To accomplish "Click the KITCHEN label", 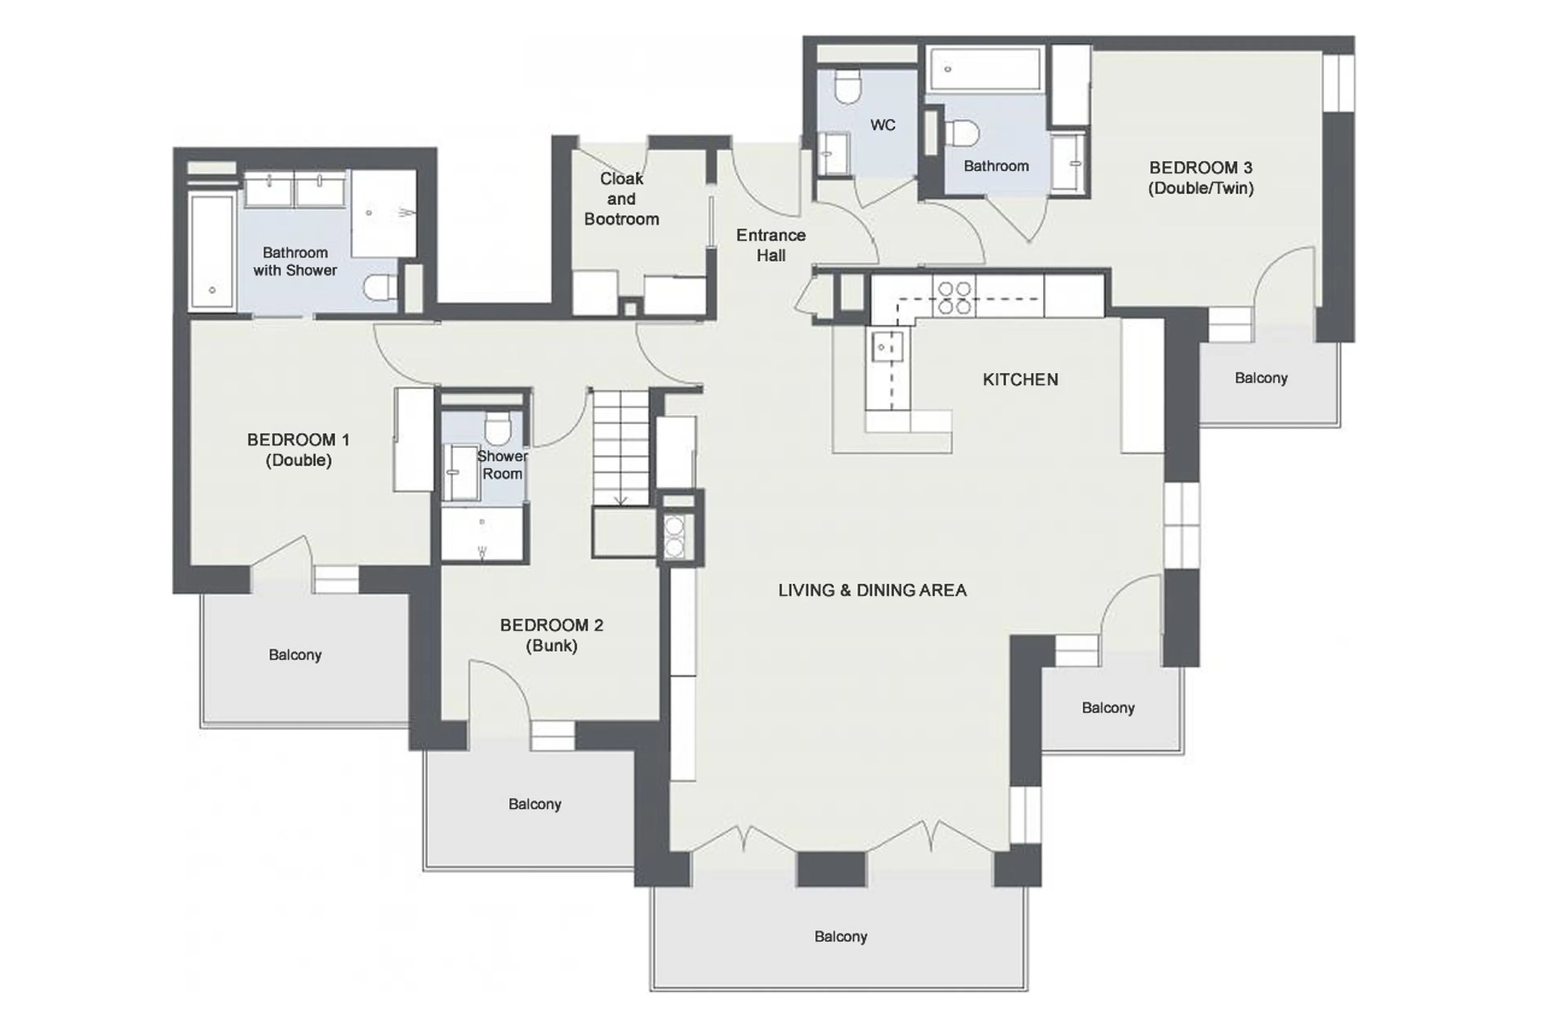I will (x=1020, y=379).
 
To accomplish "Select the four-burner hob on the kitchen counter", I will (x=954, y=297).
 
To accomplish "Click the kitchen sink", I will (x=887, y=346).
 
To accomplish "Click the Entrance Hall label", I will (x=771, y=245).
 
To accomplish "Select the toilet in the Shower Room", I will (x=498, y=427).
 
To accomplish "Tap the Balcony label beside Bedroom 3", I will (x=1260, y=378).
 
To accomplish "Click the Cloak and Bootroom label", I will (x=621, y=199).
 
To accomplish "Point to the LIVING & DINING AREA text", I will (x=872, y=590).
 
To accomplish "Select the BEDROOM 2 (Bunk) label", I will (x=551, y=635).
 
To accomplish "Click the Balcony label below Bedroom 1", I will (x=295, y=654).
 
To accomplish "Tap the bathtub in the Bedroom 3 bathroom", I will (x=984, y=68).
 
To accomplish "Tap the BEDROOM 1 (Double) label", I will (x=298, y=449).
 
